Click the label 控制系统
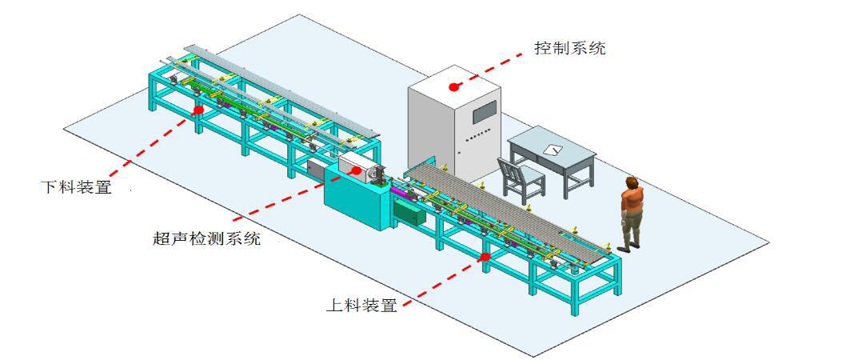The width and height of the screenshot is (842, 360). pyautogui.click(x=570, y=48)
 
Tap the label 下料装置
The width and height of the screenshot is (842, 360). pyautogui.click(x=76, y=188)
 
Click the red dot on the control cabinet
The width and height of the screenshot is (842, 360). pyautogui.click(x=454, y=86)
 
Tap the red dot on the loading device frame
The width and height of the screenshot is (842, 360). pyautogui.click(x=485, y=257)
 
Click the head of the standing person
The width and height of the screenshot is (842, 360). pyautogui.click(x=632, y=183)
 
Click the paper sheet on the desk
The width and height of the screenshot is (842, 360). pyautogui.click(x=553, y=150)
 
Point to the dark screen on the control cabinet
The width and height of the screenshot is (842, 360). pyautogui.click(x=485, y=114)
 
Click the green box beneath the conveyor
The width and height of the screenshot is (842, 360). pyautogui.click(x=409, y=213)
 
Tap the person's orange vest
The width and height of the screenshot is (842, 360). pyautogui.click(x=632, y=200)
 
